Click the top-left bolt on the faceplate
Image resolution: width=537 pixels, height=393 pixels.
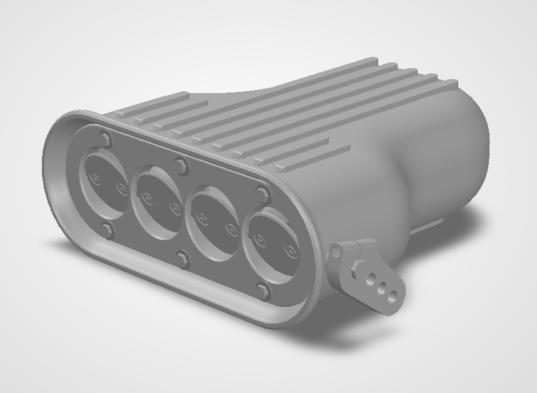point(105,138)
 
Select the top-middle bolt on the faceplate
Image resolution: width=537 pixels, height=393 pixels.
point(181,166)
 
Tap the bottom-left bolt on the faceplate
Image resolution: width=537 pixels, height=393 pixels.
point(107,231)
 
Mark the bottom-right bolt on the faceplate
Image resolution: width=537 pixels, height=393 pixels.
point(263,291)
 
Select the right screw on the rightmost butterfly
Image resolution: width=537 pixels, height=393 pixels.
point(289,251)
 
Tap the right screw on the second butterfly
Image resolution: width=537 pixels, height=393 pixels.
point(175,208)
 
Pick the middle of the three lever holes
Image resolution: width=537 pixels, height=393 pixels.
point(382,287)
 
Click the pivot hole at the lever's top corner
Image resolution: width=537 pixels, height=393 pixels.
point(337,253)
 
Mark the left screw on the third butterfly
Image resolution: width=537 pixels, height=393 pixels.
point(203,217)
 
